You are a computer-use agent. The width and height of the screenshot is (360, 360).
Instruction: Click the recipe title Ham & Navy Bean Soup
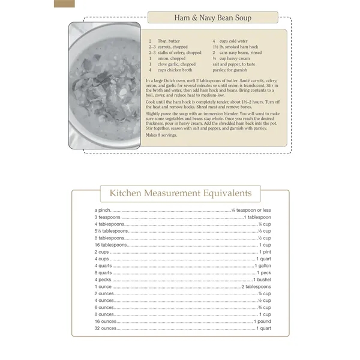212,17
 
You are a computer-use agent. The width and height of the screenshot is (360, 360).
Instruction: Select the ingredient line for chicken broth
174,70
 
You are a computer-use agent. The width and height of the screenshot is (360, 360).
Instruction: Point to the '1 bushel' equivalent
262,280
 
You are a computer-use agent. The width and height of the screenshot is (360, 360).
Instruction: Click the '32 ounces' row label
106,329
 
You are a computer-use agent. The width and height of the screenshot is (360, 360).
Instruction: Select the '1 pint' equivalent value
265,252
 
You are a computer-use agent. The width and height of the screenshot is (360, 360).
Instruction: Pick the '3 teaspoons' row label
108,217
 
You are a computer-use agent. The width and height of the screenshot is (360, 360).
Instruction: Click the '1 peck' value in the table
264,273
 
